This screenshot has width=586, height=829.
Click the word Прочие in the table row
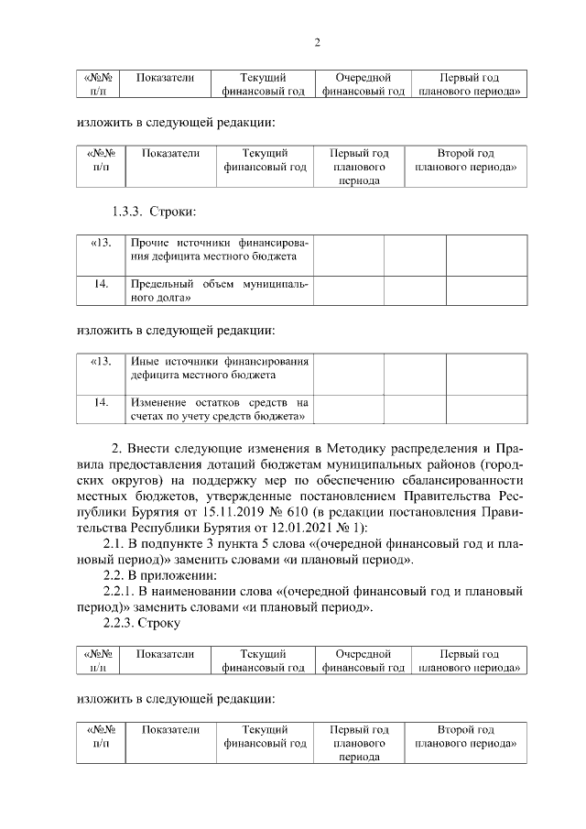click(149, 243)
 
